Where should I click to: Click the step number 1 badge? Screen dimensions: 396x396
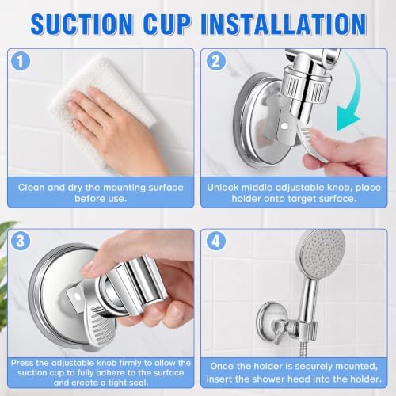tap(21, 61)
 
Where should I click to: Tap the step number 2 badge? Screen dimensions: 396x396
tap(216, 61)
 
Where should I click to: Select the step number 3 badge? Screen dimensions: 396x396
tap(21, 241)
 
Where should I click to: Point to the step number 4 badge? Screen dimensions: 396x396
tap(216, 241)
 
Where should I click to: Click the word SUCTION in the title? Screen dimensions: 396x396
tap(82, 24)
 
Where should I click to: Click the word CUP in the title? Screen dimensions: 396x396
tap(167, 24)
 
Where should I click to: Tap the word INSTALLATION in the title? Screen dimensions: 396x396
tap(284, 24)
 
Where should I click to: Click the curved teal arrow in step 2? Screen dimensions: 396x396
tap(355, 93)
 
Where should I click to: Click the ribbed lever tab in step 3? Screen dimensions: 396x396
tap(101, 326)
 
